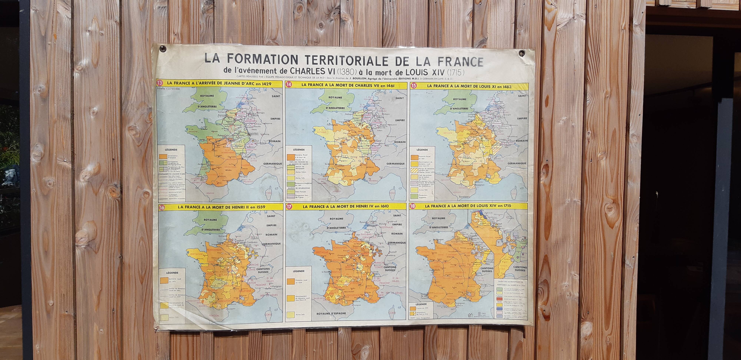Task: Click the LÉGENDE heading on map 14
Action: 298,149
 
